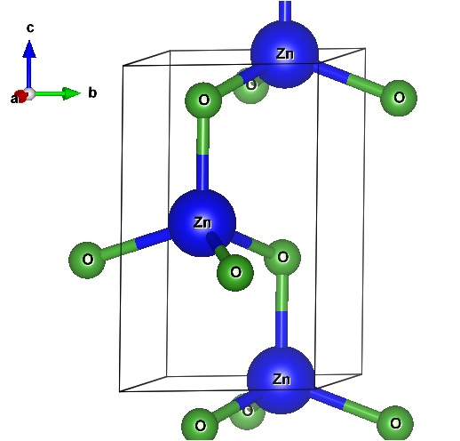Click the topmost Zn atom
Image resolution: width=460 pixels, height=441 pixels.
(284, 54)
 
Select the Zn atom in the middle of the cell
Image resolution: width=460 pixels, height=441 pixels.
(202, 223)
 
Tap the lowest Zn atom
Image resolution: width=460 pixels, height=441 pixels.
(281, 380)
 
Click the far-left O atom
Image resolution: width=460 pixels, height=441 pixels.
(87, 260)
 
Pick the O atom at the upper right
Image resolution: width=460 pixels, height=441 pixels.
(399, 98)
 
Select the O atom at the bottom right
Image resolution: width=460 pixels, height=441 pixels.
(395, 423)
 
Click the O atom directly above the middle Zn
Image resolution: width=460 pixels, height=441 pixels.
(203, 100)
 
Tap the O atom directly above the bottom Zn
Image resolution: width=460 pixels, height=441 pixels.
(282, 257)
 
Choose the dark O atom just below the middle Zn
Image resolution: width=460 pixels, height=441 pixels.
(235, 272)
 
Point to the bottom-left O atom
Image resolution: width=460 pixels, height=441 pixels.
(200, 426)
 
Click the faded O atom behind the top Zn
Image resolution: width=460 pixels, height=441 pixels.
(251, 86)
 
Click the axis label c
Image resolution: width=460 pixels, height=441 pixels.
(30, 28)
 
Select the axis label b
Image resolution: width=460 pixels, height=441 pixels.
(92, 92)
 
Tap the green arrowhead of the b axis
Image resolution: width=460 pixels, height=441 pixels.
(72, 93)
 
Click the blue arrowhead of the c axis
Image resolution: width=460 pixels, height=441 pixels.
(29, 49)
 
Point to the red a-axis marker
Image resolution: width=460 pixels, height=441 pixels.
(21, 96)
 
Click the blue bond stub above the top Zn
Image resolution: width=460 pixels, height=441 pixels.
(285, 12)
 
